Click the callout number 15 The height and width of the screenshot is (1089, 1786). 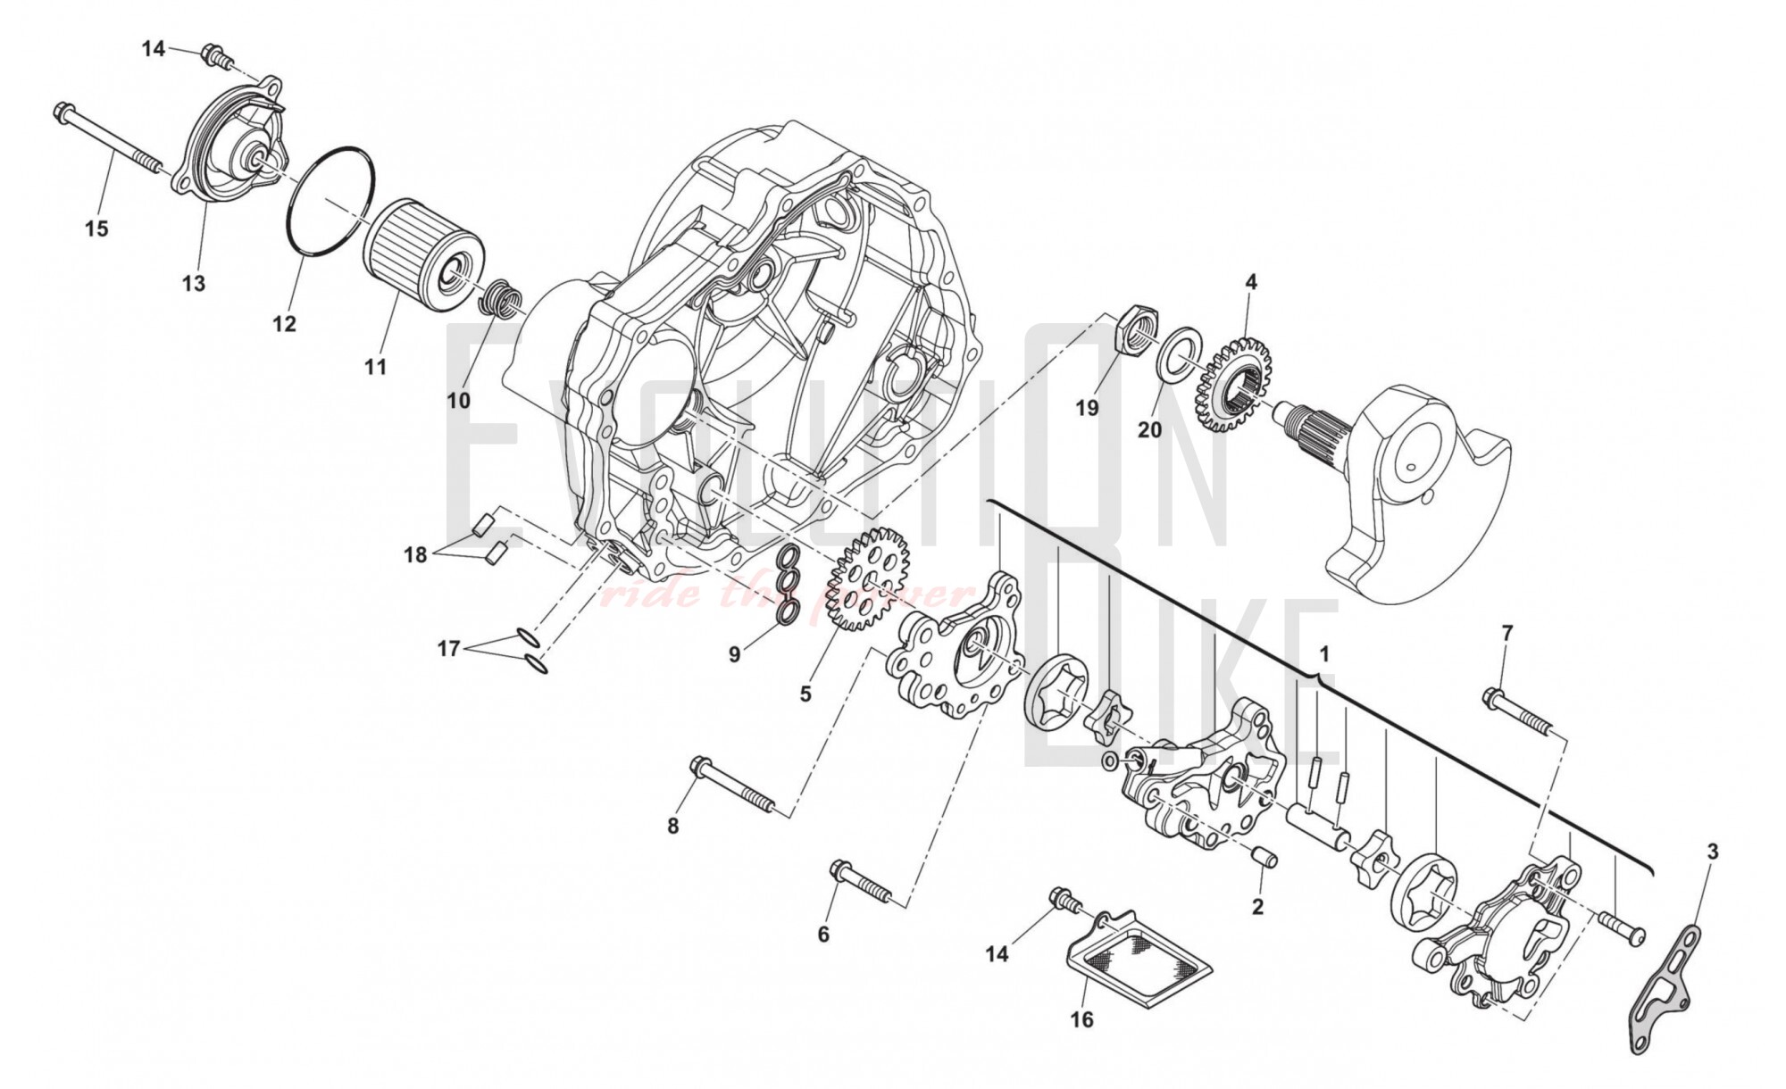(96, 229)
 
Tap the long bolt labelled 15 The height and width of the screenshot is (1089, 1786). (107, 139)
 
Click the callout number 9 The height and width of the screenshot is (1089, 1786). (734, 654)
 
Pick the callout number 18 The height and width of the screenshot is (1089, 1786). (415, 555)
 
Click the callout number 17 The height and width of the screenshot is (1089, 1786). (448, 649)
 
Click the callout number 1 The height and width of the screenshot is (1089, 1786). (1324, 654)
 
